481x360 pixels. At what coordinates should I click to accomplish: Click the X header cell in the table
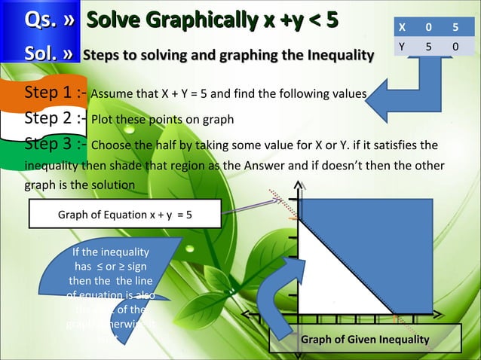402,27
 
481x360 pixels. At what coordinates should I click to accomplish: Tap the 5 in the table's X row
455,27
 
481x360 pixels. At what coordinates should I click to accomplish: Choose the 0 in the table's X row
428,27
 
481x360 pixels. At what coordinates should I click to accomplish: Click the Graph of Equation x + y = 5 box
124,214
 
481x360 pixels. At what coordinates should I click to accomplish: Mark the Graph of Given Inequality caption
365,341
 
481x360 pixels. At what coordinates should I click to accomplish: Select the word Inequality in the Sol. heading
333,56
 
